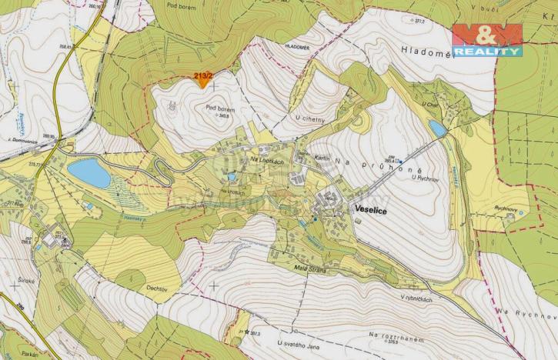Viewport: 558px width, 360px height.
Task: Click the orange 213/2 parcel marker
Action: (x=203, y=78)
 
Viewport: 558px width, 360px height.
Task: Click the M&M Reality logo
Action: (x=486, y=40)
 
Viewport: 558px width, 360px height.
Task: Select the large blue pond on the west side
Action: (x=89, y=173)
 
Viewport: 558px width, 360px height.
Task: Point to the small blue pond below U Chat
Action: (x=437, y=128)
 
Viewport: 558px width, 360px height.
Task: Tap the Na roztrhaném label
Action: (x=398, y=336)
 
